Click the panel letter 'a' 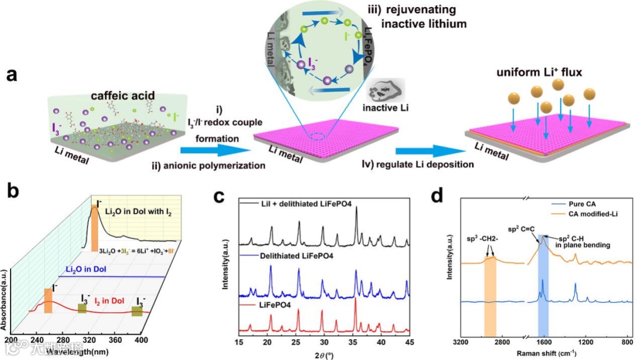(x=13, y=76)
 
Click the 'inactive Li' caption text (x=390, y=110)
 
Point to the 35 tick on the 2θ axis (x=351, y=342)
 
